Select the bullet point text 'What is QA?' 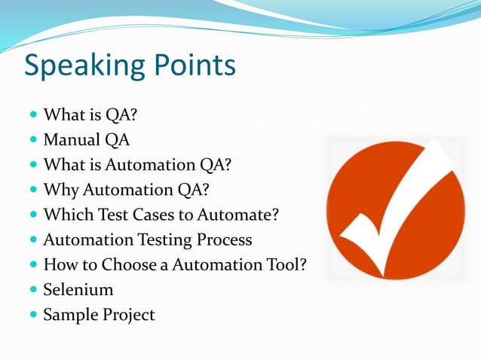coord(90,115)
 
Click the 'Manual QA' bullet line coord(86,140)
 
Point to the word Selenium coord(78,289)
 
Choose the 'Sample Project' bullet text coord(99,315)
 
